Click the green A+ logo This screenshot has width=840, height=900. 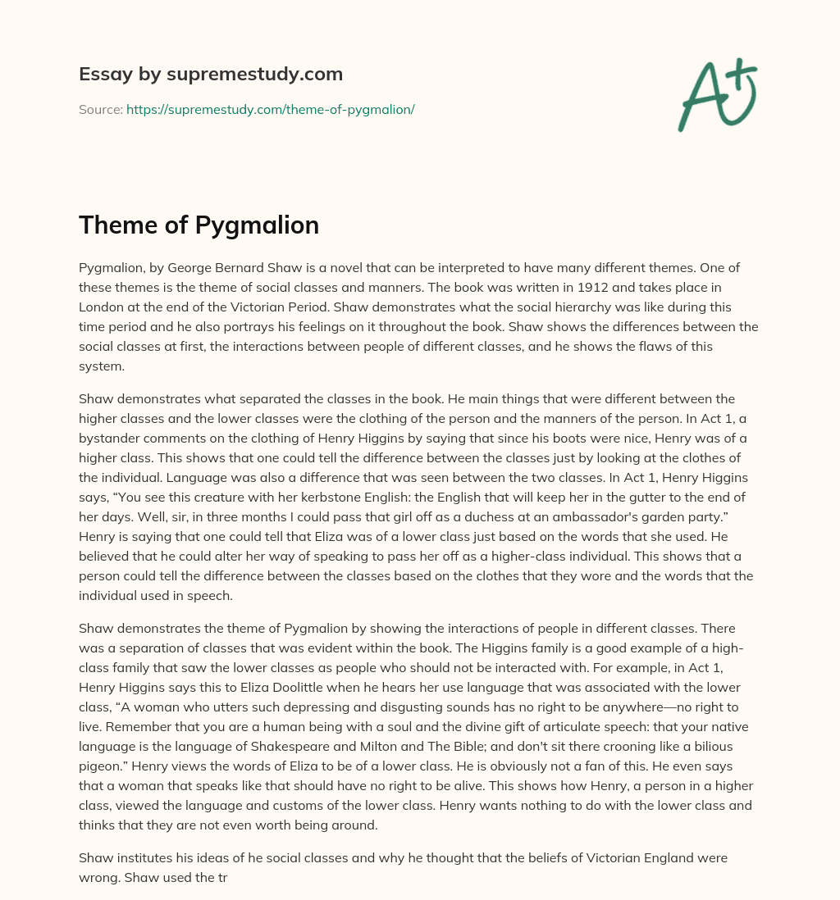pyautogui.click(x=716, y=94)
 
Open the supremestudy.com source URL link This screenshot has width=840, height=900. pyautogui.click(x=270, y=109)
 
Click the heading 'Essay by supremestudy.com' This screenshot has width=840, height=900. pyautogui.click(x=211, y=75)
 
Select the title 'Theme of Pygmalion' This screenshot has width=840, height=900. pyautogui.click(x=199, y=225)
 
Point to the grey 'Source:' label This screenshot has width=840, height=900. pyautogui.click(x=100, y=109)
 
